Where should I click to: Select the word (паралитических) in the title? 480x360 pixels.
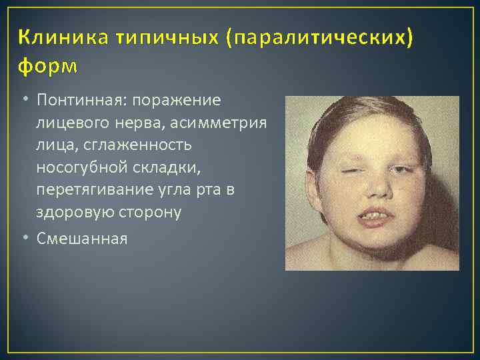(319, 39)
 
